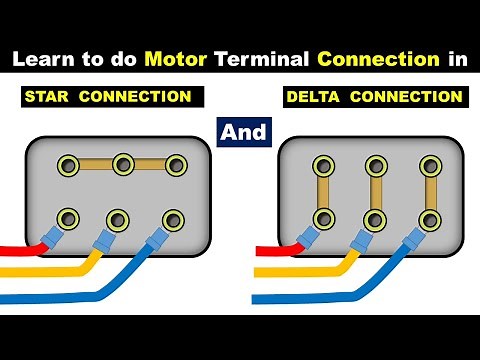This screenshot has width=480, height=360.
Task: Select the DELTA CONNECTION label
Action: (x=373, y=97)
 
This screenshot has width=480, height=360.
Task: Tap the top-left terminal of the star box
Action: (x=69, y=163)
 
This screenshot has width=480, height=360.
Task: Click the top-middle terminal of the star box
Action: (x=123, y=163)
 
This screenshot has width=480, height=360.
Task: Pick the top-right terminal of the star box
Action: (x=176, y=163)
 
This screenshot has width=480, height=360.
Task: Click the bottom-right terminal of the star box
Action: (x=174, y=217)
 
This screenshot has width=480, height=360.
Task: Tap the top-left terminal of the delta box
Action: (x=322, y=164)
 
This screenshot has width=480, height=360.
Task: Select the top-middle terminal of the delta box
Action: (x=376, y=164)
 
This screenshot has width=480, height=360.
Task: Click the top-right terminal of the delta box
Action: (x=430, y=164)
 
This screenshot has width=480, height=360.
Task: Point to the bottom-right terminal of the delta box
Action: (x=430, y=218)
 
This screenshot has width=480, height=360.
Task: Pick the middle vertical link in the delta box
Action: (x=376, y=191)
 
